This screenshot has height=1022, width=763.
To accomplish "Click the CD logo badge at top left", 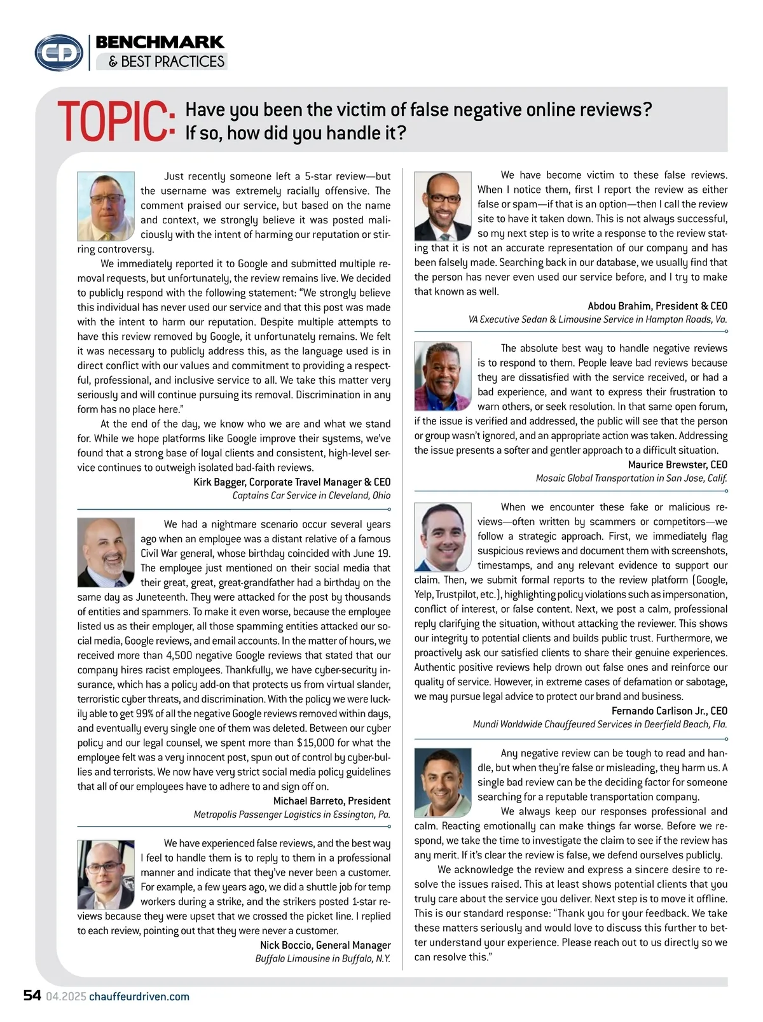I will click(x=59, y=53).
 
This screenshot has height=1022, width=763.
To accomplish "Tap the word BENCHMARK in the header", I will click(x=160, y=43).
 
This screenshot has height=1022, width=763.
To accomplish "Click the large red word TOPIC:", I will click(x=116, y=121).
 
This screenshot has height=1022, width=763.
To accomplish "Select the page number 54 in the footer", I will click(x=32, y=996).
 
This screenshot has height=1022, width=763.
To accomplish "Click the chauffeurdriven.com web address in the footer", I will click(x=139, y=997).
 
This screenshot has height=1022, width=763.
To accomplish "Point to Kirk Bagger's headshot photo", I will click(x=106, y=206).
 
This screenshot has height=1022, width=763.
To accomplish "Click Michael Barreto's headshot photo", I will click(x=106, y=552).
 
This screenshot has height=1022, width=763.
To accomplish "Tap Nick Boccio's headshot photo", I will click(x=106, y=874).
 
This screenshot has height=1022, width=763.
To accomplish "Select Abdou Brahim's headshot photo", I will click(x=443, y=206).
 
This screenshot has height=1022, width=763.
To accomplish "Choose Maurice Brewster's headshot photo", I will click(x=443, y=376).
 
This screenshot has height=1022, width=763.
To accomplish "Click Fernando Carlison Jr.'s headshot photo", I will click(x=443, y=536).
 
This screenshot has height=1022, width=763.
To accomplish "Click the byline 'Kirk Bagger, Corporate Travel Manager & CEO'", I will click(x=292, y=482).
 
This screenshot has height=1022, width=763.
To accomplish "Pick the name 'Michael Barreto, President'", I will click(x=332, y=801).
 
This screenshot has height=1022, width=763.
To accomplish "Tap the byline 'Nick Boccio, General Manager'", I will click(x=326, y=945).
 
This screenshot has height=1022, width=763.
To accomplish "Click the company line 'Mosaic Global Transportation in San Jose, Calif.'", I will click(x=631, y=478).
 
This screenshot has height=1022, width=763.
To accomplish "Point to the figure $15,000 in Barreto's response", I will click(x=315, y=743).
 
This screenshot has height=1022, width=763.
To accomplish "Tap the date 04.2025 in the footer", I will click(x=65, y=997).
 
